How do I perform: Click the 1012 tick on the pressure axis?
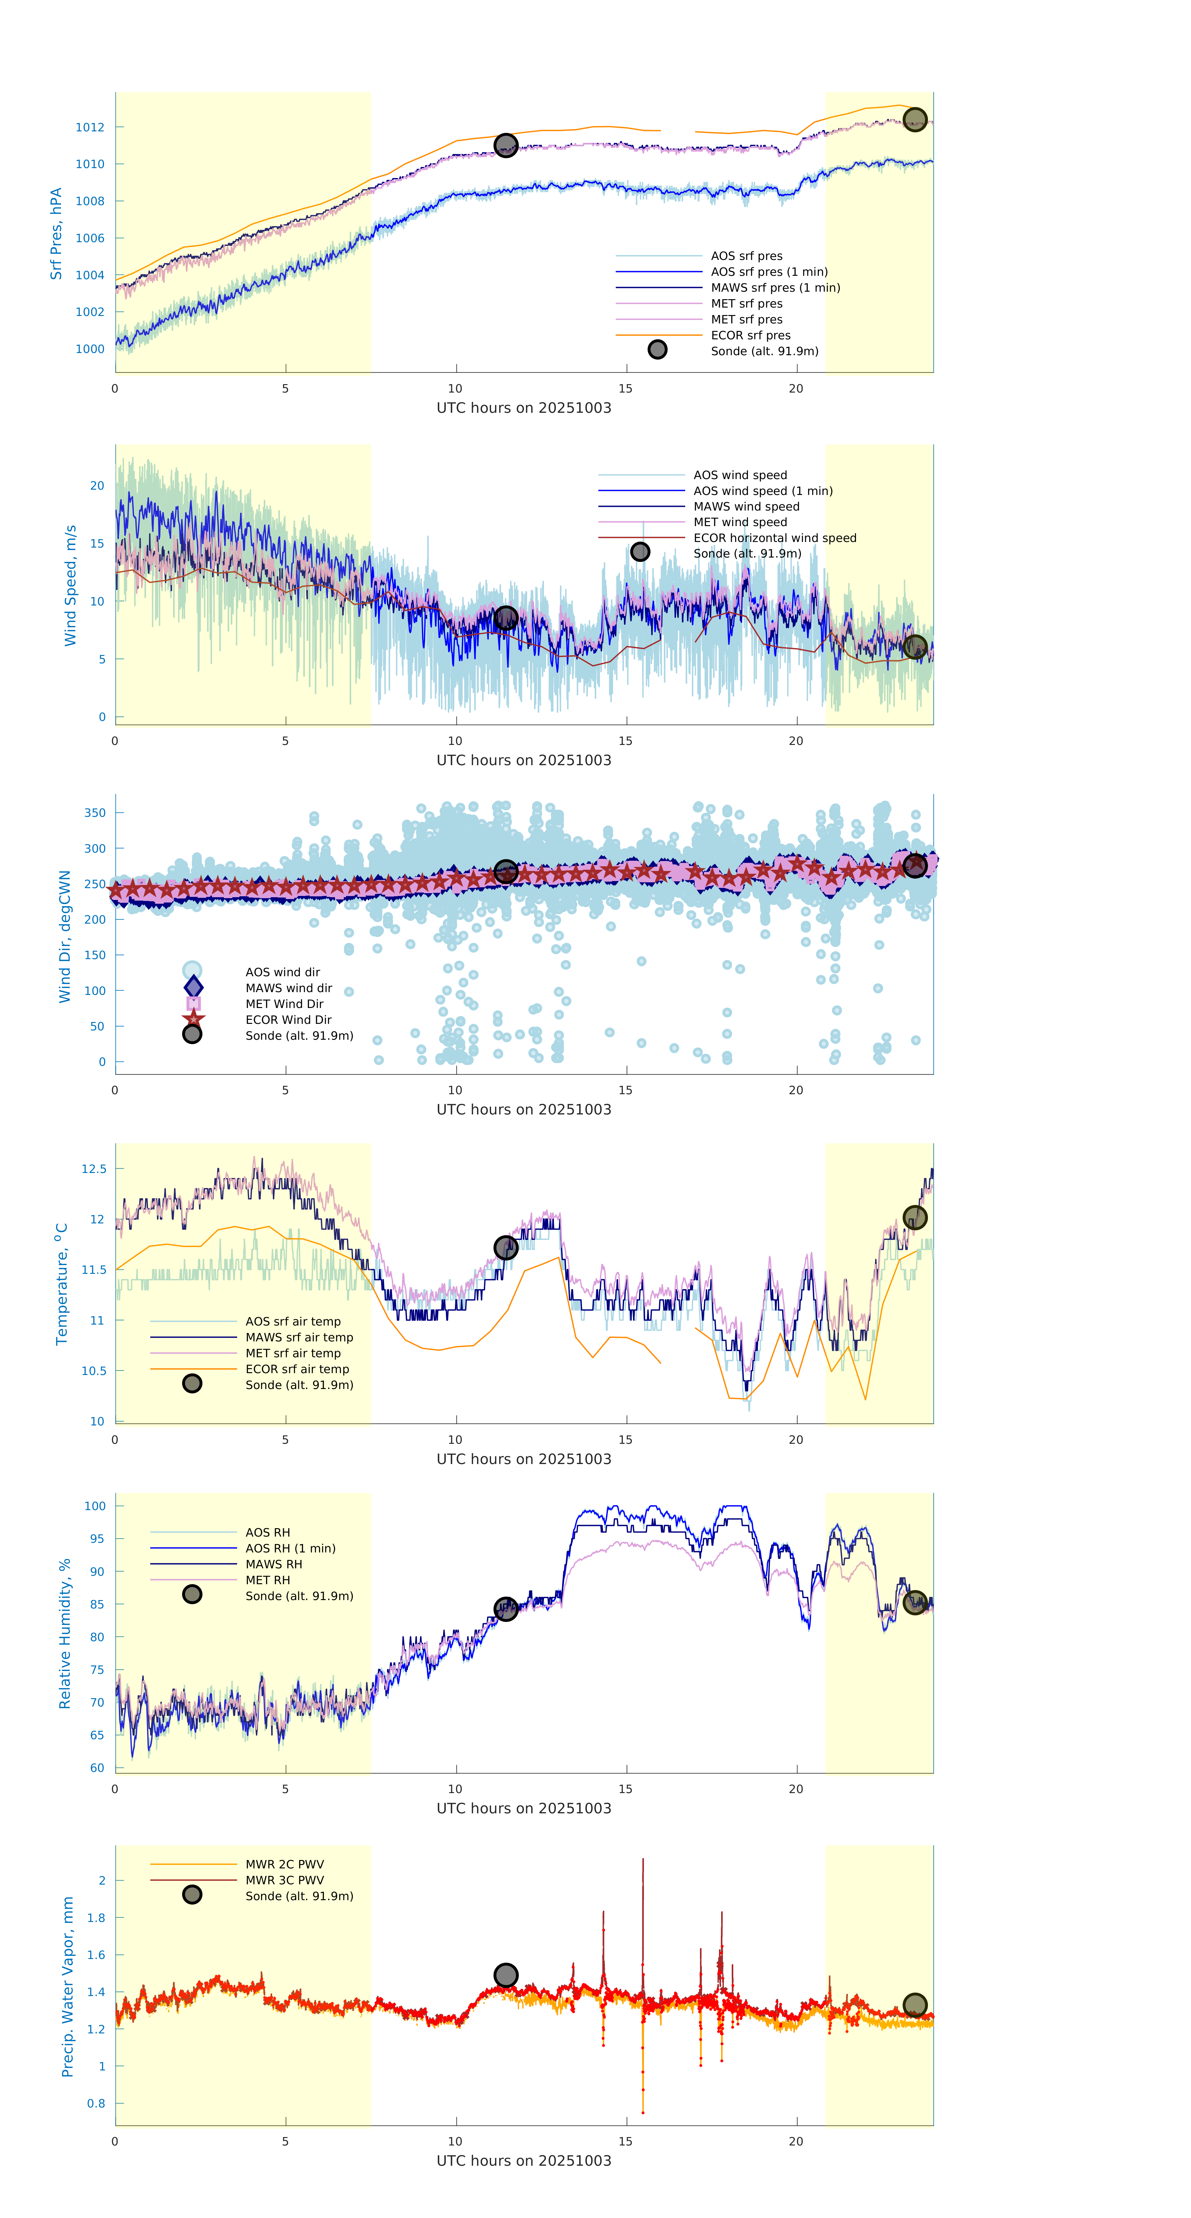(90, 127)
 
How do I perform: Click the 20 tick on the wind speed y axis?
(97, 486)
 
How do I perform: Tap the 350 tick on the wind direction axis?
(95, 813)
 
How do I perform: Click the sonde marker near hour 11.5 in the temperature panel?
(505, 1248)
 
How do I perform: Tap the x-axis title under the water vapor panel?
(524, 2161)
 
